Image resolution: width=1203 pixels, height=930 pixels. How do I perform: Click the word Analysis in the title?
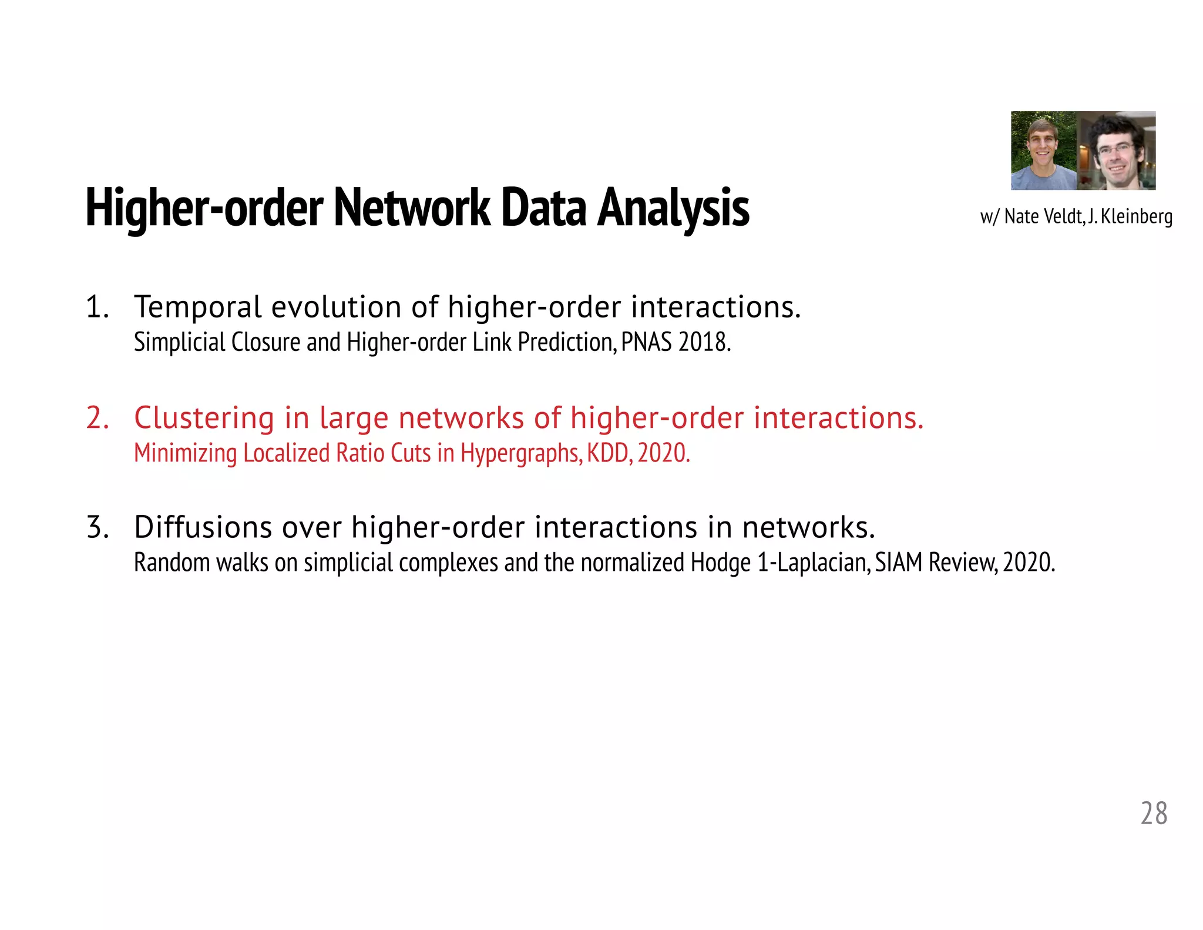click(673, 208)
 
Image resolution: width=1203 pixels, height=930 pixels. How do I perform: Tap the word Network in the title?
click(412, 208)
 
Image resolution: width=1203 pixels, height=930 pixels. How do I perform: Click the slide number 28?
click(1154, 814)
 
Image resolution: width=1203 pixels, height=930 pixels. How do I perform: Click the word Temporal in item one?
click(198, 307)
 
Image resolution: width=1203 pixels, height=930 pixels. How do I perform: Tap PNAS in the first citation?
click(646, 342)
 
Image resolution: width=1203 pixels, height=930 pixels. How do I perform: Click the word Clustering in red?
click(204, 419)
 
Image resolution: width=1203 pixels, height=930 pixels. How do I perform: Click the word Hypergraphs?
click(520, 453)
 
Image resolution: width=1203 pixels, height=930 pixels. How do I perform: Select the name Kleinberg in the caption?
click(1136, 217)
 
